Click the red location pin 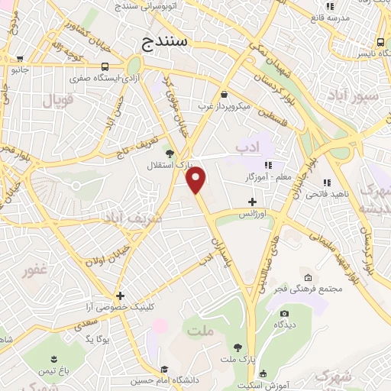coord(196,179)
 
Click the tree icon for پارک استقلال coord(170,153)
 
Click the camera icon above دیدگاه coord(285,313)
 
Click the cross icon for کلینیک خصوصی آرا coord(120,296)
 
